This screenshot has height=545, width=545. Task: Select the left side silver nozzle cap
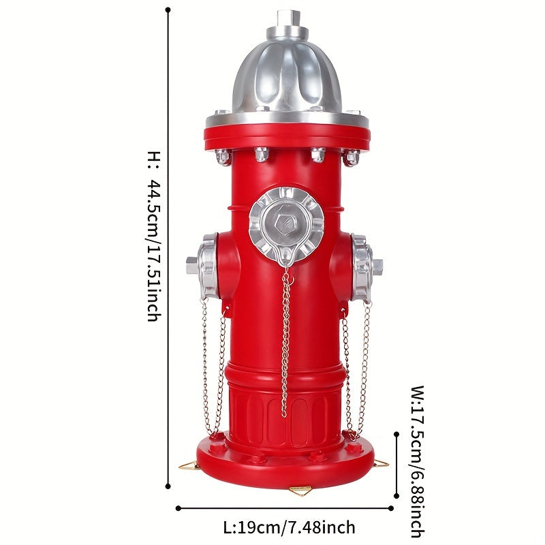tap(203, 266)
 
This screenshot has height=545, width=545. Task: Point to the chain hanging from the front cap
tap(285, 343)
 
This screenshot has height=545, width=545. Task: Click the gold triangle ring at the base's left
tap(189, 465)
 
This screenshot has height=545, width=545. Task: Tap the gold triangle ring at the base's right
tap(381, 463)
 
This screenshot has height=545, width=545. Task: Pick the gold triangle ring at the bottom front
tap(300, 490)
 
